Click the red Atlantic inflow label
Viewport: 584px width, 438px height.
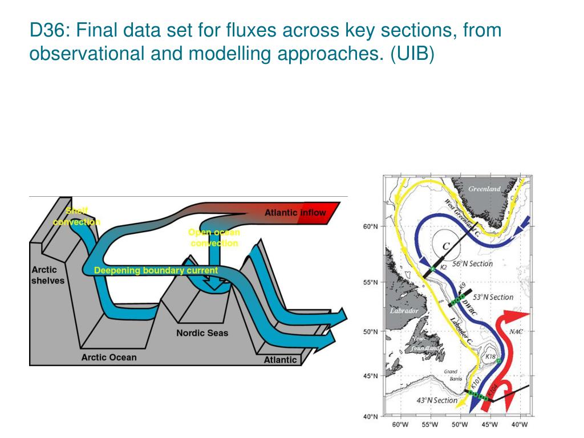(x=295, y=213)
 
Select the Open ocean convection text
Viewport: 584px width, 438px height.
(x=214, y=238)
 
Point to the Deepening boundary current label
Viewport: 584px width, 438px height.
(x=156, y=270)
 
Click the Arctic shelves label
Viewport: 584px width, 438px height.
(x=48, y=275)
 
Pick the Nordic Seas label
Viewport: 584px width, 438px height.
(x=202, y=332)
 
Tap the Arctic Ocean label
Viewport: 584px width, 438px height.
(x=109, y=358)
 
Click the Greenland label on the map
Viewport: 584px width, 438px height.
(x=484, y=189)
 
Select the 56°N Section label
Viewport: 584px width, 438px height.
(x=472, y=264)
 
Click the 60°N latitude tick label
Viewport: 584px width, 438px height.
(x=370, y=227)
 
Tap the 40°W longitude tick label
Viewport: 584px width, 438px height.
(x=519, y=425)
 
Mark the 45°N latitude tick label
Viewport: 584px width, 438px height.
(x=370, y=376)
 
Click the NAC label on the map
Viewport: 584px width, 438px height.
(x=516, y=331)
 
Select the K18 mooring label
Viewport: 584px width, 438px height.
(x=490, y=356)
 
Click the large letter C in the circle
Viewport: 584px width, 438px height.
(x=447, y=246)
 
